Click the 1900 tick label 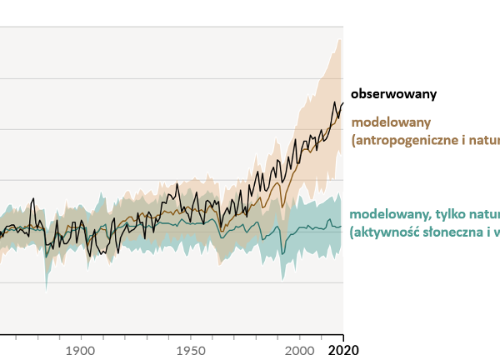[x=79, y=350]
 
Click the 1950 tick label [x=190, y=350]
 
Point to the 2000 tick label [x=300, y=350]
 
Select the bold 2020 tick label [x=343, y=350]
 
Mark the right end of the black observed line [x=342, y=102]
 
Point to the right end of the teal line [x=342, y=226]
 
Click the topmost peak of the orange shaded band [x=339, y=39]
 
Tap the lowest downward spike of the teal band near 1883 [x=46, y=290]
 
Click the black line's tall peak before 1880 [x=32, y=199]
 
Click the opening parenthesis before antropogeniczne [x=354, y=141]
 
